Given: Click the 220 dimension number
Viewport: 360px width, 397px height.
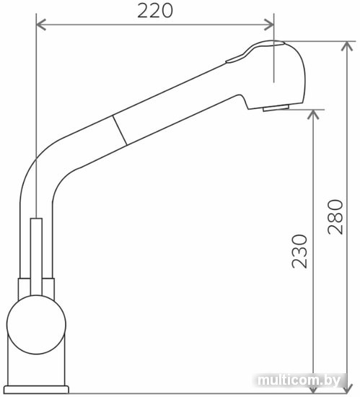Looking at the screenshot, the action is (155, 11).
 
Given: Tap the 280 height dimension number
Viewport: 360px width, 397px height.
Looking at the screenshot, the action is (335, 217).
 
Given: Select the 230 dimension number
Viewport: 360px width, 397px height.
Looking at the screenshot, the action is (299, 251).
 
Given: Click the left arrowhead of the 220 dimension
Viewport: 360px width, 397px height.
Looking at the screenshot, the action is (41, 25).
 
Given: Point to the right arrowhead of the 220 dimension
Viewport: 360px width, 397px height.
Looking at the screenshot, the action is (269, 25).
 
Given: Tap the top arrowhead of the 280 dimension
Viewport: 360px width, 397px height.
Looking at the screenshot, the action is (347, 46).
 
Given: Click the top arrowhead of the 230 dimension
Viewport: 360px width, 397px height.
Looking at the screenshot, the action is (313, 115).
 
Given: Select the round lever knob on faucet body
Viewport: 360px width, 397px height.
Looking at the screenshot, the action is (36, 325).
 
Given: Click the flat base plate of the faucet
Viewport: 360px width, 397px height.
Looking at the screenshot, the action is (36, 390).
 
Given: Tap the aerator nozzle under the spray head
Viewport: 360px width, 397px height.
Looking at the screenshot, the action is (276, 108).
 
